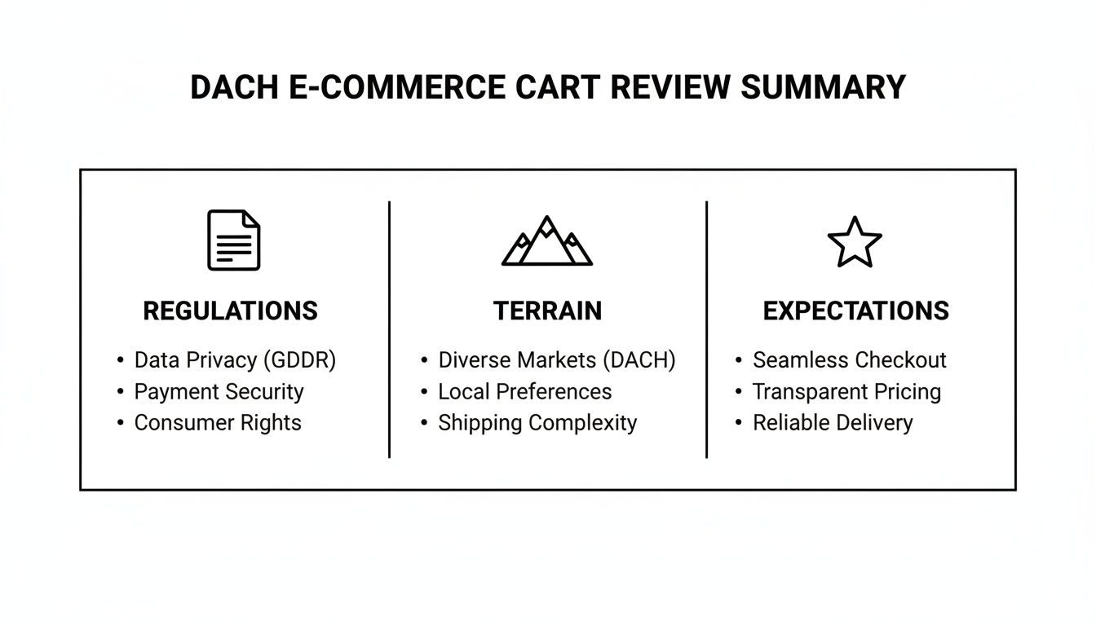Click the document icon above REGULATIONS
click(x=233, y=240)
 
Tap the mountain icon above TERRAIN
click(x=547, y=241)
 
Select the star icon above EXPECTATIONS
click(x=855, y=241)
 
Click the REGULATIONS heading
click(x=230, y=311)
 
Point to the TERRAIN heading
click(x=547, y=311)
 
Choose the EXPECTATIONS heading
click(x=855, y=311)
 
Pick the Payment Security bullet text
click(x=219, y=391)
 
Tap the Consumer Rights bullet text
click(x=218, y=423)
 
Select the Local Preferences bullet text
click(x=524, y=391)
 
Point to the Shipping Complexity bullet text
click(x=537, y=423)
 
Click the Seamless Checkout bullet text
click(x=849, y=360)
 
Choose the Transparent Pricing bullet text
click(x=846, y=391)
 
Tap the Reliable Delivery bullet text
click(x=833, y=423)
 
